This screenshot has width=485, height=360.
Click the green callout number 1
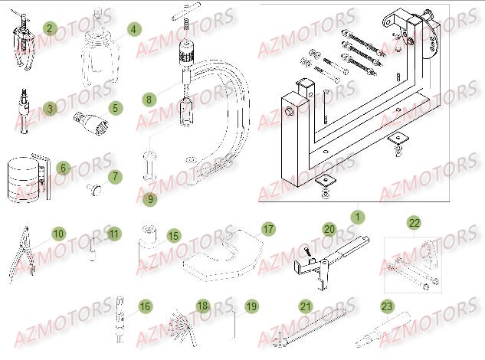click(x=356, y=217)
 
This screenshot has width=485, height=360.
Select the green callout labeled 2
click(x=50, y=29)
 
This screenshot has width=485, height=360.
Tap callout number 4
click(x=134, y=29)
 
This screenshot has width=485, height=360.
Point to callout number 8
click(x=149, y=99)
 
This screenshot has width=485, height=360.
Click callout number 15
click(x=174, y=236)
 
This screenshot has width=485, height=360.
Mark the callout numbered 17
click(x=268, y=228)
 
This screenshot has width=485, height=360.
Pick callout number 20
click(x=329, y=228)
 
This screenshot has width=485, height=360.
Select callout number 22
click(x=415, y=223)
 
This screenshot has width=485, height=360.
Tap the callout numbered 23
click(x=387, y=306)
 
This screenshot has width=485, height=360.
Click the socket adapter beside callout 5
click(x=89, y=121)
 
